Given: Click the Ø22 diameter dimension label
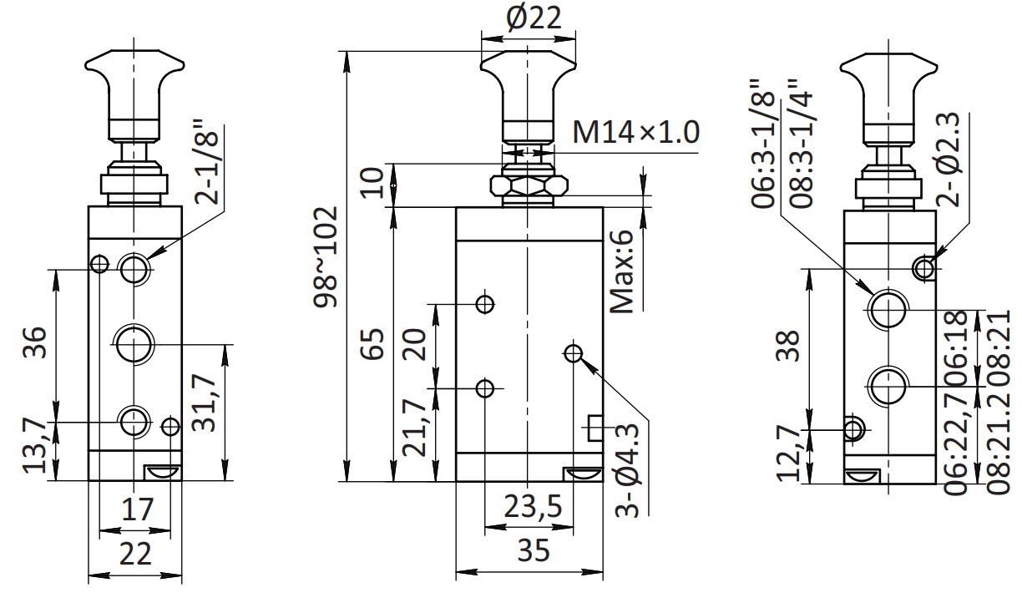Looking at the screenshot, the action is [x=534, y=18].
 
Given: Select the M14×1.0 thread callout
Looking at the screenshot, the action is [x=635, y=132].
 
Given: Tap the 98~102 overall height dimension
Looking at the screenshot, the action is [x=326, y=257].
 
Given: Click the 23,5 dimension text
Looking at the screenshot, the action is [x=533, y=506].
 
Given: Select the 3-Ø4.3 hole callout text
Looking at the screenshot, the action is [x=627, y=469].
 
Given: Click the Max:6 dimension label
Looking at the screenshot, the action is [x=621, y=271].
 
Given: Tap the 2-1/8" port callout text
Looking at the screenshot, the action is [x=206, y=161].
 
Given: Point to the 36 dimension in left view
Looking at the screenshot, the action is [x=35, y=342].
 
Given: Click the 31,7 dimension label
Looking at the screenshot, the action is [x=204, y=403].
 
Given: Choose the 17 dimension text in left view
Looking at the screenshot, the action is [x=137, y=509].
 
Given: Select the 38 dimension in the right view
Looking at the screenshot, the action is [x=788, y=345].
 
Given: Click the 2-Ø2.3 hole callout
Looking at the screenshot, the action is [x=948, y=160].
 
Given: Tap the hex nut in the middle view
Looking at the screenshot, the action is [x=529, y=185].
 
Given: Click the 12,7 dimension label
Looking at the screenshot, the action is [x=788, y=453].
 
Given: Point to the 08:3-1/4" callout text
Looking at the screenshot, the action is [x=802, y=144].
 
